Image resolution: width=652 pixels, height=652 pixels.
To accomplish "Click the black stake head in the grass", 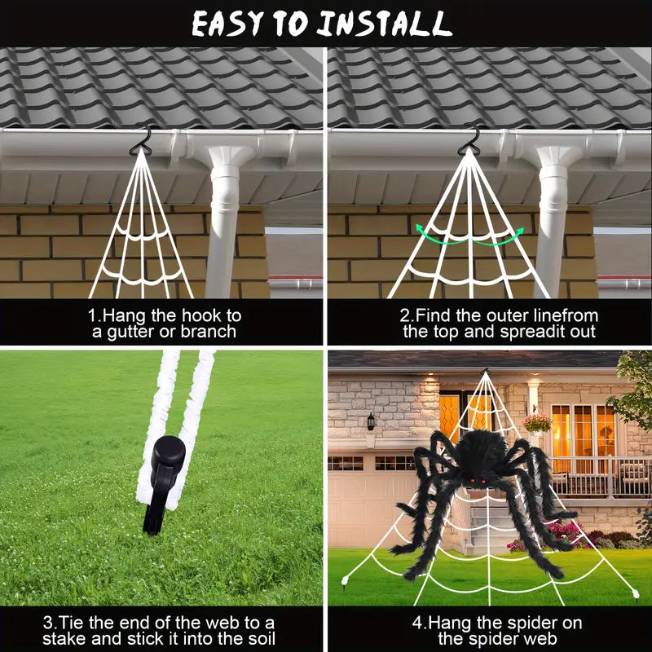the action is (168, 457).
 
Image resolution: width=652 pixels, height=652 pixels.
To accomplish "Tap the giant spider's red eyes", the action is (478, 481).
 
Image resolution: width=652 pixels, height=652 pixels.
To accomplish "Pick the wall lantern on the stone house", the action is (371, 421).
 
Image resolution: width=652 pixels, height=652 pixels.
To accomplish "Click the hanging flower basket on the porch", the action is (536, 424).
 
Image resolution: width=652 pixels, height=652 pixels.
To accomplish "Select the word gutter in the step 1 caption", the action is (130, 333).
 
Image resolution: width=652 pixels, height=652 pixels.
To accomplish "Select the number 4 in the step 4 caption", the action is (417, 623).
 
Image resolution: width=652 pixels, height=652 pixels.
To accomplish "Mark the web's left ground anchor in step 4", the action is (344, 580).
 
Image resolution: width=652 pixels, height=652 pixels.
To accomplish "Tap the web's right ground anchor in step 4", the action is (634, 593).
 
